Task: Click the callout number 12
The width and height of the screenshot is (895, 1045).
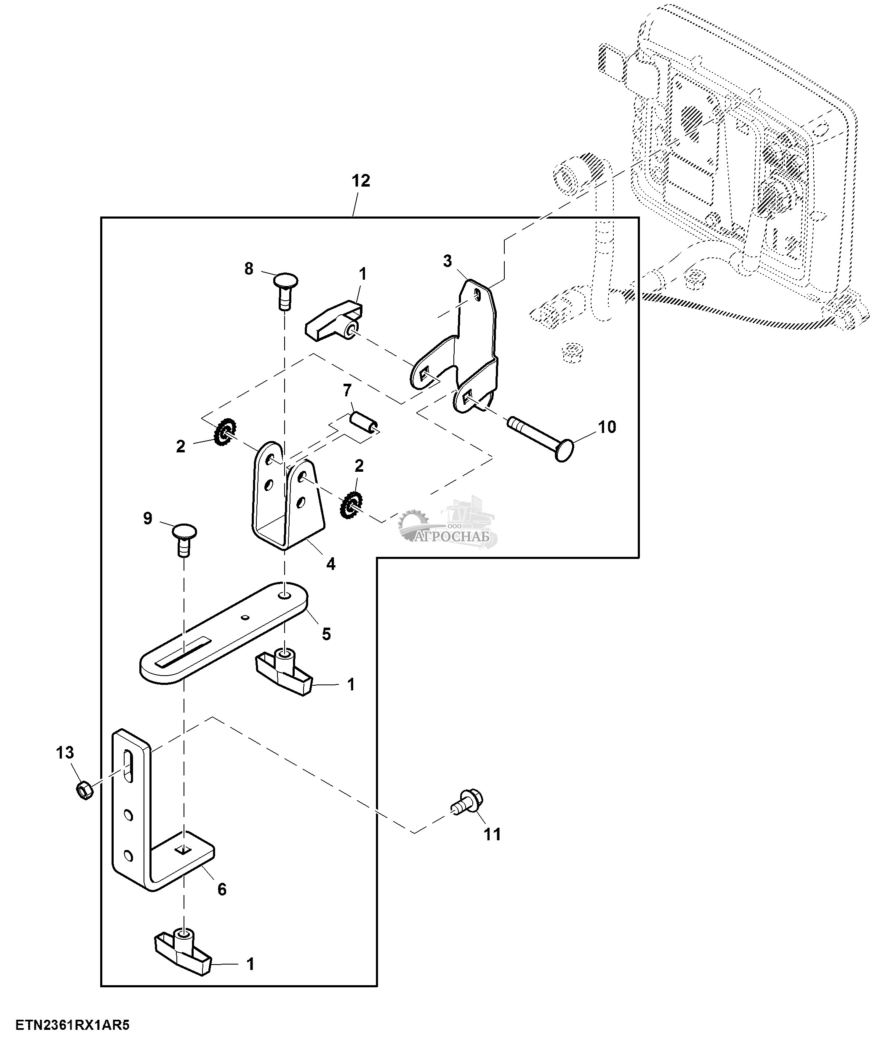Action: (360, 181)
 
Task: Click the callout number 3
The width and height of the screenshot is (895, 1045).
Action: (447, 261)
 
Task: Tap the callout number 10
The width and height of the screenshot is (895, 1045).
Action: (607, 427)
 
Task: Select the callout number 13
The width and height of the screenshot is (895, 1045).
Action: (65, 753)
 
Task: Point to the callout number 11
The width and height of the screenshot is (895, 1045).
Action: (493, 835)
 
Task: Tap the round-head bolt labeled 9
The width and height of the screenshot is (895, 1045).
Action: (184, 537)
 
